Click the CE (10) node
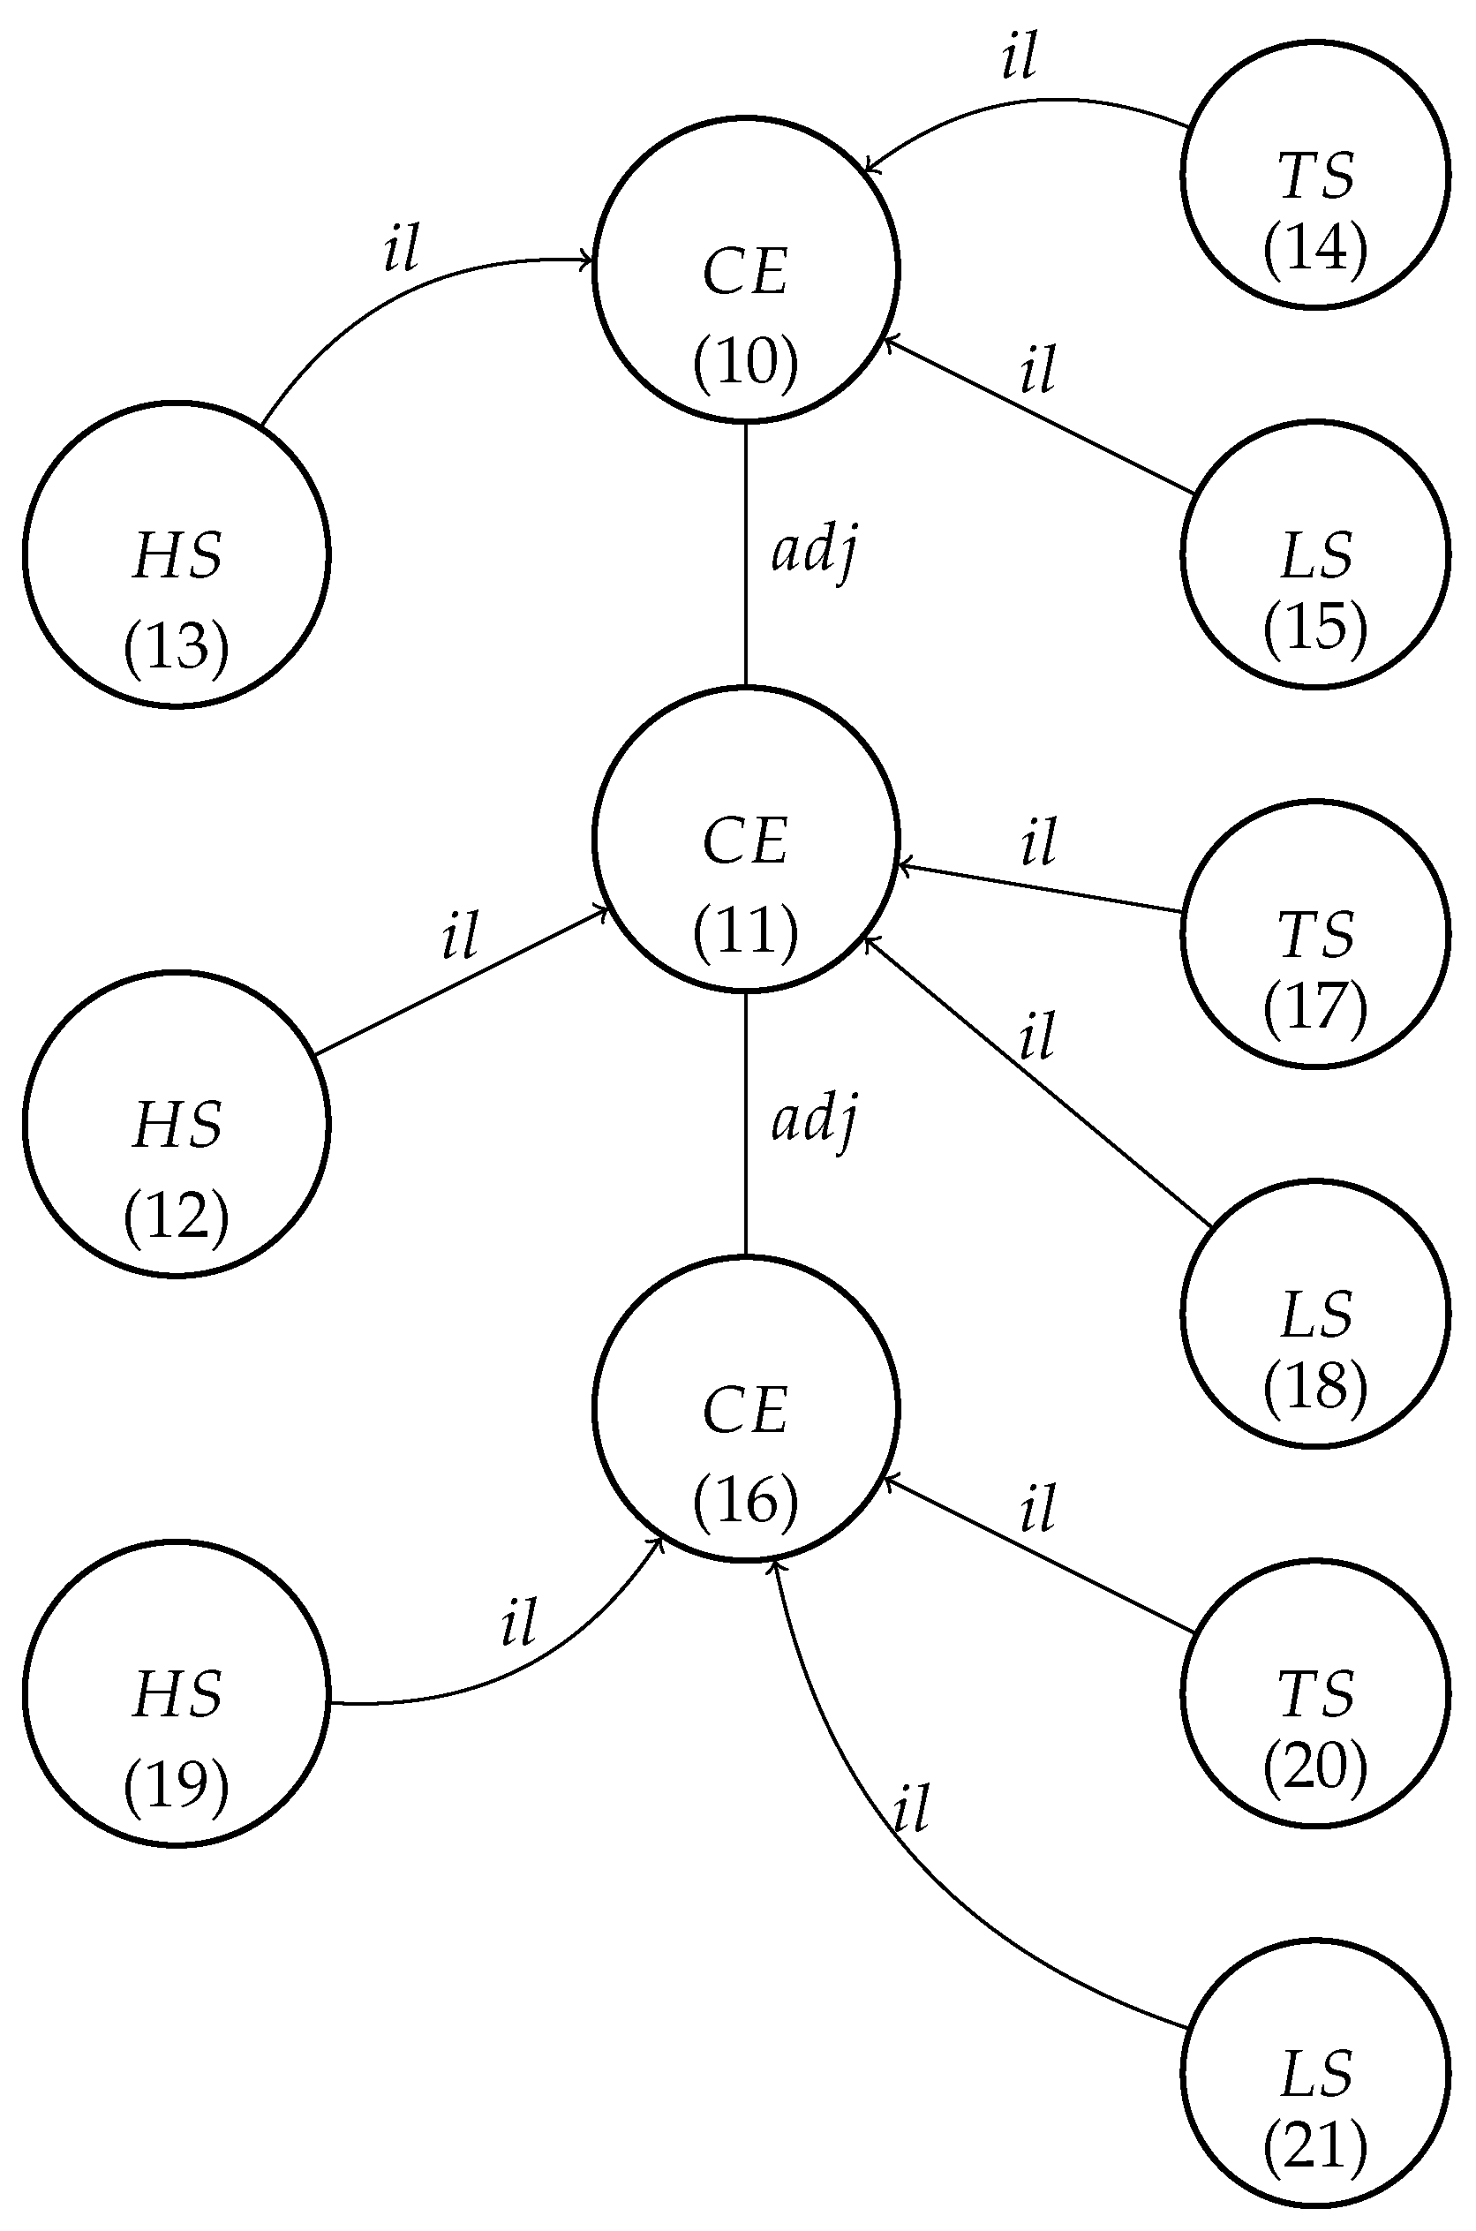point(746,270)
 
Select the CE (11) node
point(746,839)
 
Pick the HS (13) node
point(176,554)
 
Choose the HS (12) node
point(176,1123)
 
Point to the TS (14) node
point(1315,174)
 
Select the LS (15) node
point(1315,554)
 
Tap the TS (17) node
point(1315,934)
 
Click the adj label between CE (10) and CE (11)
point(814,552)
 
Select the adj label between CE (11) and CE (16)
point(814,1120)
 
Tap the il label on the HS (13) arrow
point(401,248)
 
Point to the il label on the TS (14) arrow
point(1020,57)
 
